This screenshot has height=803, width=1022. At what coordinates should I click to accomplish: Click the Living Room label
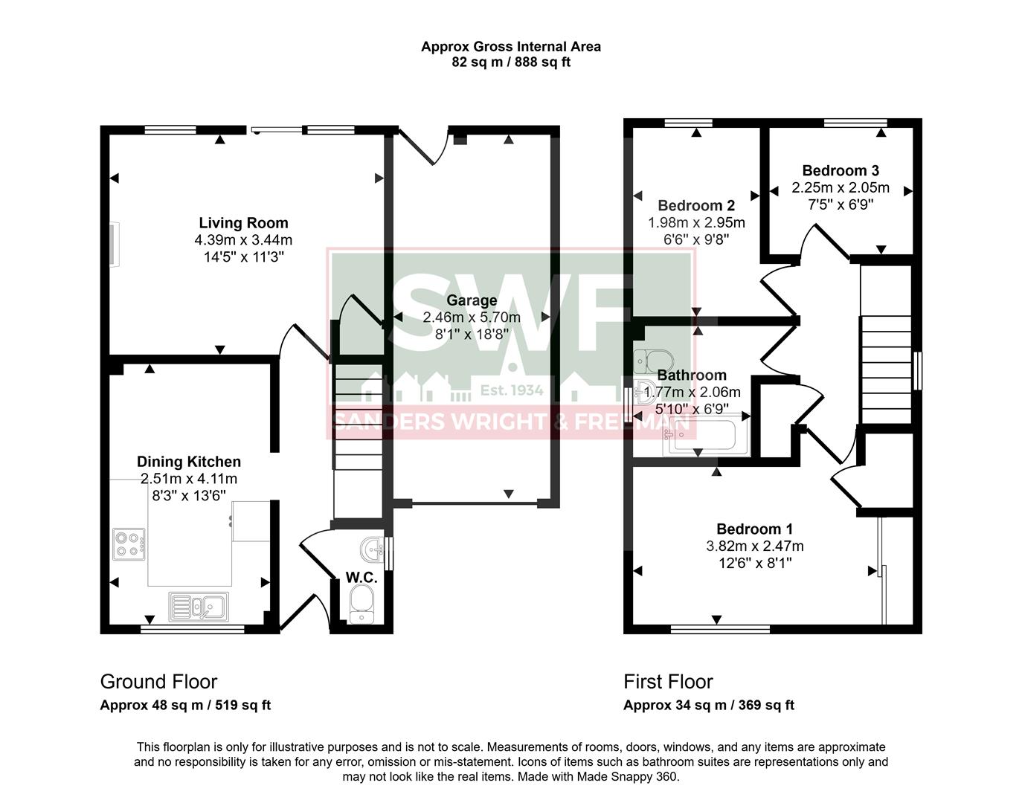click(x=243, y=223)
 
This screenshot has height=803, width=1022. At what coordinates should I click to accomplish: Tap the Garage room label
click(x=472, y=300)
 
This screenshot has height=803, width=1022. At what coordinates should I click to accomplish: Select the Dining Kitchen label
click(x=188, y=462)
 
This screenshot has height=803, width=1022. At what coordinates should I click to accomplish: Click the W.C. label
click(x=361, y=578)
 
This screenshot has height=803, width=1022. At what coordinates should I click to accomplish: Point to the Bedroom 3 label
click(x=840, y=171)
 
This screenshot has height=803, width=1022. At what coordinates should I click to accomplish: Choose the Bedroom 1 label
click(x=754, y=529)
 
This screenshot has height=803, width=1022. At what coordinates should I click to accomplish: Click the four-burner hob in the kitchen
click(x=128, y=543)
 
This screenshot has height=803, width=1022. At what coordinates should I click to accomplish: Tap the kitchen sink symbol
click(x=199, y=606)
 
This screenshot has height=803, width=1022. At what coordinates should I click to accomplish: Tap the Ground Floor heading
click(x=158, y=682)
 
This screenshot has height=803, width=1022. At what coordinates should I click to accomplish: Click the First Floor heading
click(x=668, y=682)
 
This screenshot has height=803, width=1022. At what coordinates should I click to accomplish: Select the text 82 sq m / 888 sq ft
click(x=510, y=62)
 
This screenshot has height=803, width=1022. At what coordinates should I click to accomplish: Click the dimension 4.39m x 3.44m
click(x=243, y=240)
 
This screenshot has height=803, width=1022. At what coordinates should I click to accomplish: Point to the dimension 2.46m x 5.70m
click(x=472, y=317)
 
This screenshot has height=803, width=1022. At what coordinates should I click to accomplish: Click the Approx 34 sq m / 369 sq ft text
click(x=708, y=706)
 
